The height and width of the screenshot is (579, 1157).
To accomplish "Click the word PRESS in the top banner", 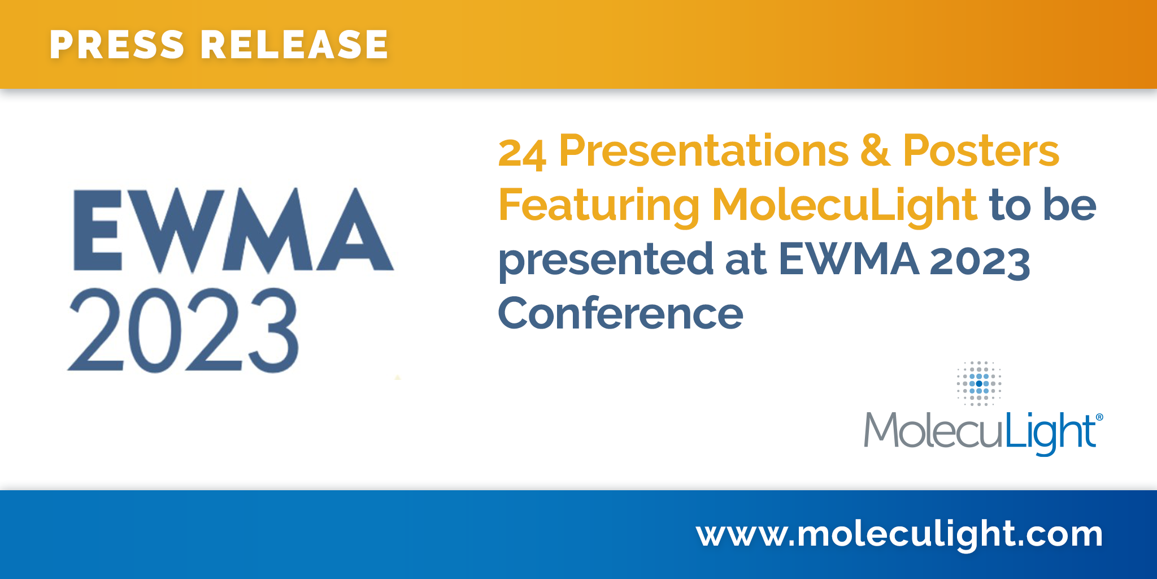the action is point(118,45).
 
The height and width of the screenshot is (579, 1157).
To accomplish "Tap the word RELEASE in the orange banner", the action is point(295,45).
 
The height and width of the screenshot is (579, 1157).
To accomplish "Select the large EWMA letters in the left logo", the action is point(233,230).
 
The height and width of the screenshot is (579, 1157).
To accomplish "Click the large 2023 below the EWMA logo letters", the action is point(183,330).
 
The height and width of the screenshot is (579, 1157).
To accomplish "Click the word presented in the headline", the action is point(606,261).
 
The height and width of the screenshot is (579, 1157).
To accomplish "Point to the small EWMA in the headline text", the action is point(849,260).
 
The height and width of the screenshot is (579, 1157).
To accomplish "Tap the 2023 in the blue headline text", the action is point(980,261).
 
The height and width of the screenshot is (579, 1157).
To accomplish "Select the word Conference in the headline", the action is point(621,313).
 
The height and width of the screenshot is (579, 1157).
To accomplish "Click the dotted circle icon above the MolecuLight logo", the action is point(979,383).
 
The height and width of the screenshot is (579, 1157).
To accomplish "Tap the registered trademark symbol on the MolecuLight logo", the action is point(1099,417).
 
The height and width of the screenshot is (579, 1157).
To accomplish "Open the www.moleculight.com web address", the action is point(900,534).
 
